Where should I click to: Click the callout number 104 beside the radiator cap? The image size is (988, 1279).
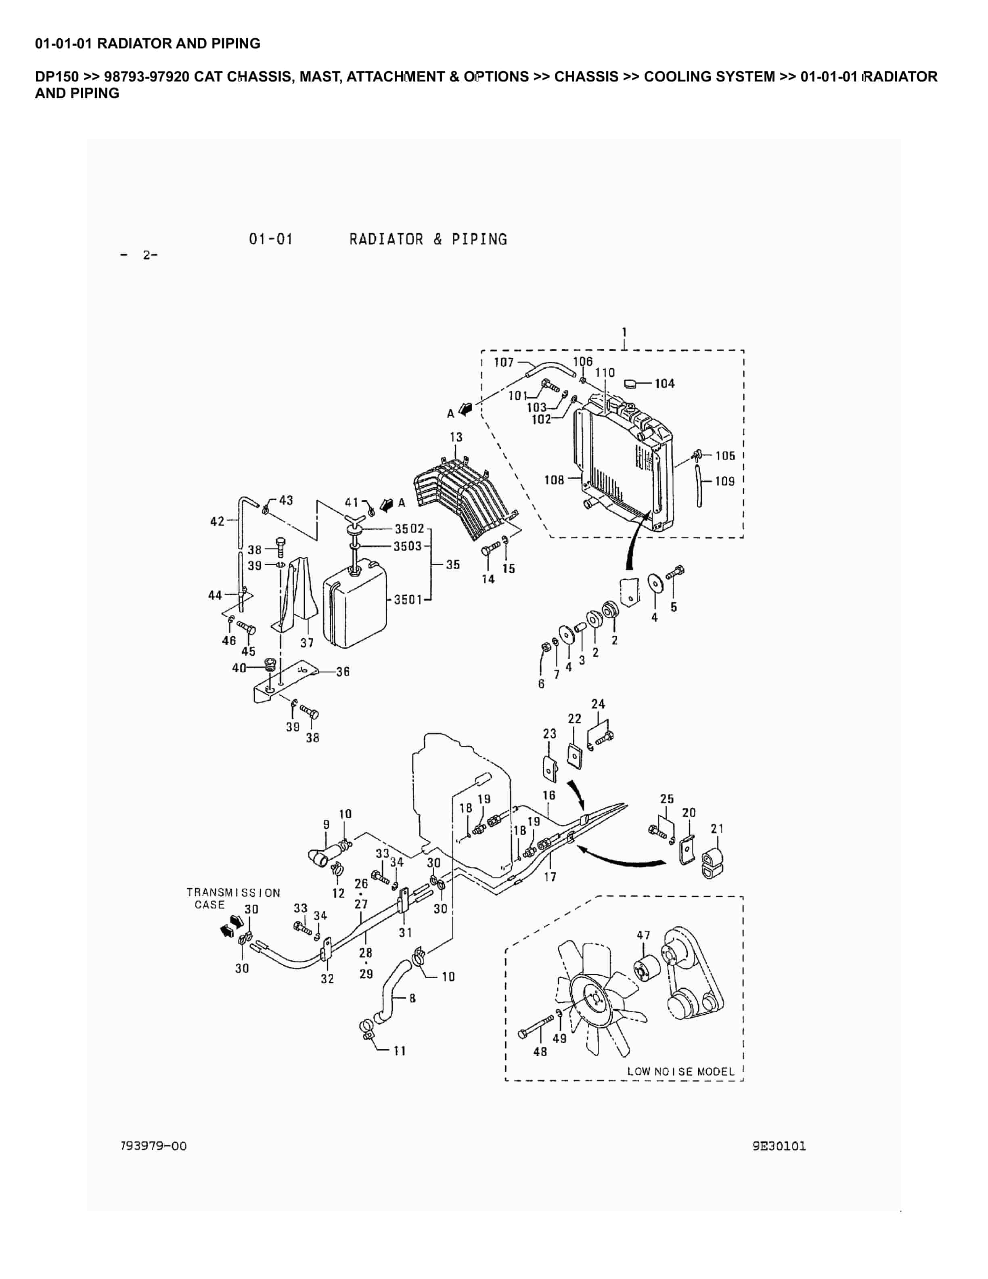664,384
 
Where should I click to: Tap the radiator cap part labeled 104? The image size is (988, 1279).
630,384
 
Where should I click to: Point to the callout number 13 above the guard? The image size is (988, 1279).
456,437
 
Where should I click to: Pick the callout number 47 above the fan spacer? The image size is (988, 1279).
643,935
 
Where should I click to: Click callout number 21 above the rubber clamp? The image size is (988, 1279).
717,829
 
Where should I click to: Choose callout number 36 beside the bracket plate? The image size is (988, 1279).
343,672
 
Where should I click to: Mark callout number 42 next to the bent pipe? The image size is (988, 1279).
217,521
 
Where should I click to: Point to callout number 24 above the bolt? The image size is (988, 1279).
598,704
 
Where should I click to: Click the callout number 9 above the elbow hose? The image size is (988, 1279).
327,824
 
